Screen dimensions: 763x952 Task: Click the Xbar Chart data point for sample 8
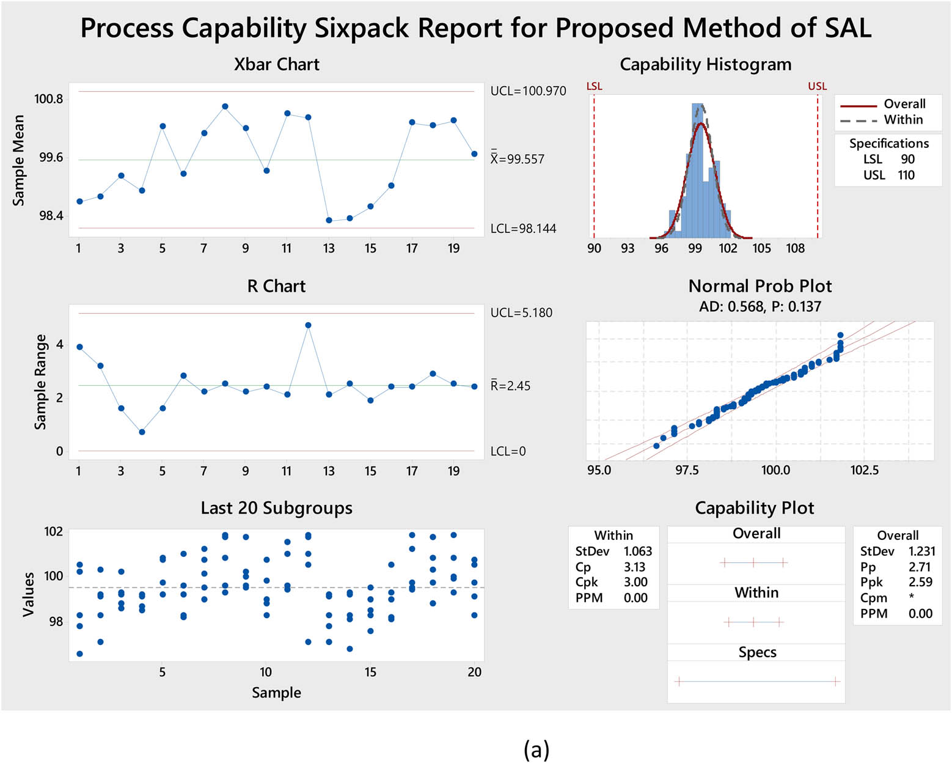[225, 106]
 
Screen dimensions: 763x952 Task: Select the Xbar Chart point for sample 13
[329, 220]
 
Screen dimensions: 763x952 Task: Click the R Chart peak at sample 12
[308, 325]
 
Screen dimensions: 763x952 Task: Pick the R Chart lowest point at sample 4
[142, 432]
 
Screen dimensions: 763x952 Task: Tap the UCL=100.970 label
[528, 91]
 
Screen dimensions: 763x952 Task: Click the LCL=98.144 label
[523, 229]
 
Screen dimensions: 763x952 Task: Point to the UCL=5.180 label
[521, 313]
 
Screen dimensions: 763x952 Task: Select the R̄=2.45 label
[510, 386]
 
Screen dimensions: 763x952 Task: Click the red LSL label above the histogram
[594, 86]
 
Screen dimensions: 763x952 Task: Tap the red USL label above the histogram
[817, 86]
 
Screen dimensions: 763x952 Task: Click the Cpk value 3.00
[635, 583]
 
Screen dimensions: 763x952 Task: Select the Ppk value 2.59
[920, 582]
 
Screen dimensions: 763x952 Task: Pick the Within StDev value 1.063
[637, 551]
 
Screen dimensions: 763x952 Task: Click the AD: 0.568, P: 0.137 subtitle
[760, 306]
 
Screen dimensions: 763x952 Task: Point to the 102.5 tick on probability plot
[864, 470]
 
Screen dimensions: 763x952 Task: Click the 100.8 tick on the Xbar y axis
[48, 99]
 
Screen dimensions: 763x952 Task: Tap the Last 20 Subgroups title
[276, 508]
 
